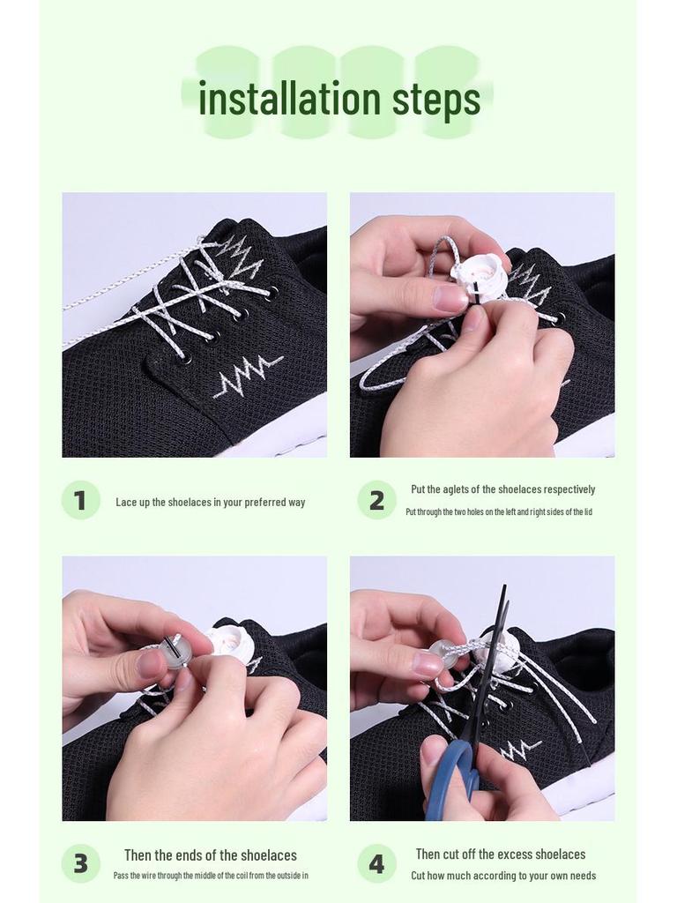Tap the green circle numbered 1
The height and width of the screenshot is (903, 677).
point(80,500)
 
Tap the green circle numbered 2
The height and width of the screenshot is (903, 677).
point(376,500)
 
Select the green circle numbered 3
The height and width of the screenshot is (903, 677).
point(80,863)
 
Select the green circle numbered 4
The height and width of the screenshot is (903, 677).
point(376,863)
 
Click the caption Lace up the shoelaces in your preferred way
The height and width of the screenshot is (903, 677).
point(210,502)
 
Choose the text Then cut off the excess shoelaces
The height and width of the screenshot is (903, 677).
point(500,854)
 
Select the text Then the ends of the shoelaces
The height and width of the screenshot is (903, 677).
point(210,854)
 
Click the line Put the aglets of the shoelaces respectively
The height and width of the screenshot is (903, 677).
point(502,489)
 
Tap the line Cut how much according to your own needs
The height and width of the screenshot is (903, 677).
point(502,876)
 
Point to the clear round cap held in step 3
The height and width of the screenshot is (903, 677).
point(175,652)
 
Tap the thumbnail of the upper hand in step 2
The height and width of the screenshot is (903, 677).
point(450,298)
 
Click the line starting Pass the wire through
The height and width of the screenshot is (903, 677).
point(210,876)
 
